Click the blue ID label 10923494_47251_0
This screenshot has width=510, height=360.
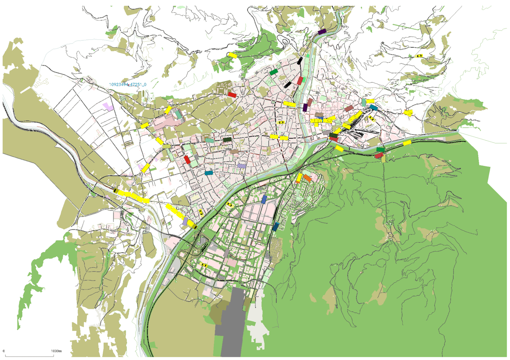pos(127,85)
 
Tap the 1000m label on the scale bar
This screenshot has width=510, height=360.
pos(57,351)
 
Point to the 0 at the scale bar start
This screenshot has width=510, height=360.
pos(4,351)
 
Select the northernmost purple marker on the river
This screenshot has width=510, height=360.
pos(322,31)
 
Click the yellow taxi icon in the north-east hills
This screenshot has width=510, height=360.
pos(419,56)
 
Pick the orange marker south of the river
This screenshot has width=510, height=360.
pos(307,178)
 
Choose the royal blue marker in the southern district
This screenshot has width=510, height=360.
pos(264,199)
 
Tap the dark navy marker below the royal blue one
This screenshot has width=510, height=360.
pos(277,227)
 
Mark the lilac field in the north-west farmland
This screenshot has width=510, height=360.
pos(109,106)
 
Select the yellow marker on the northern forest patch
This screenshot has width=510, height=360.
pos(232,55)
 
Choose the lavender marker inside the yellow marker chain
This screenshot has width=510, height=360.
pos(185,221)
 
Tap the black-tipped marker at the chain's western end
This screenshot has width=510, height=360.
pos(116,191)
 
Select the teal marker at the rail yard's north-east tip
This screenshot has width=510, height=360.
pos(374,107)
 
